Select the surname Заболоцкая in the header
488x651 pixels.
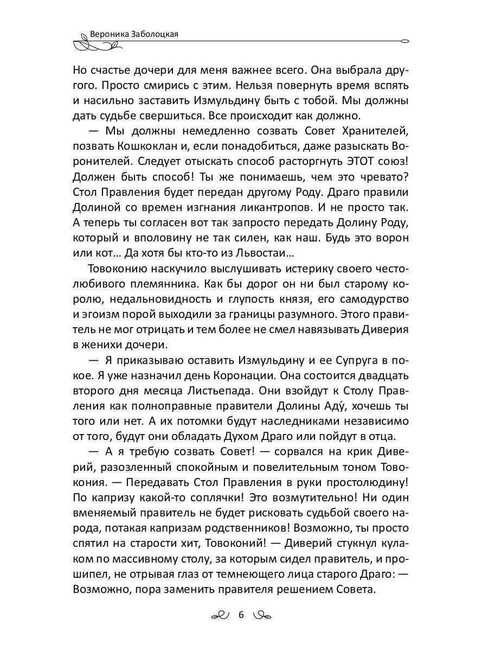[156, 34]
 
